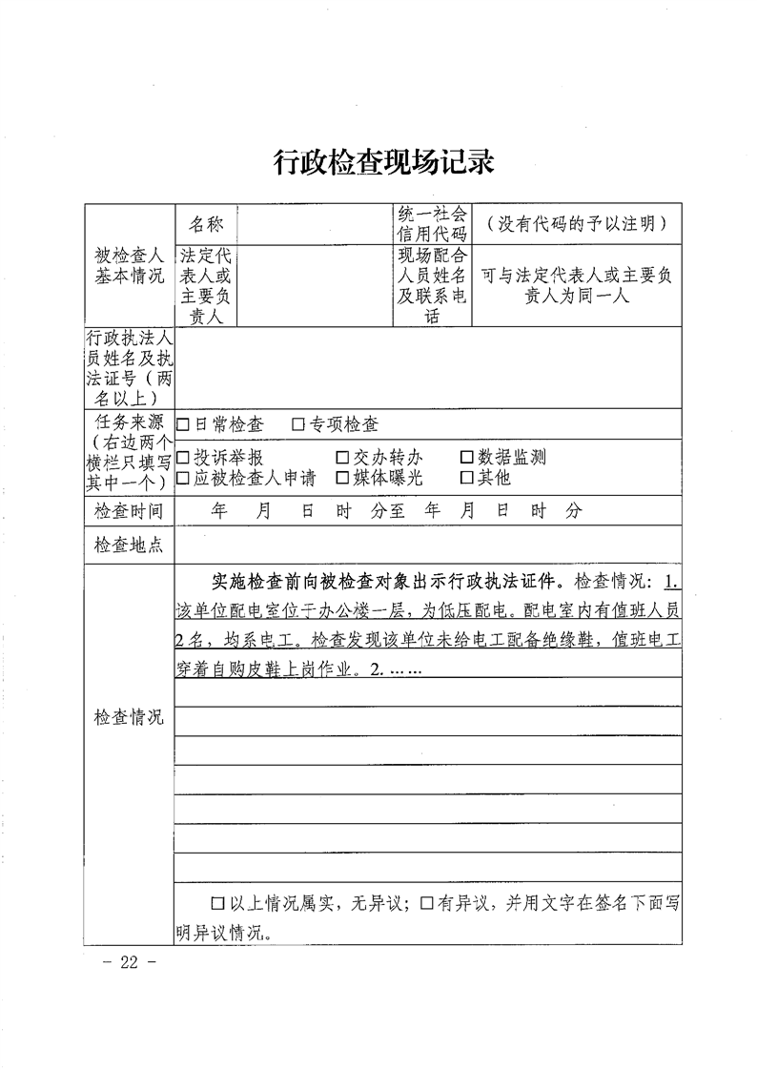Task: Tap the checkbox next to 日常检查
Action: (183, 424)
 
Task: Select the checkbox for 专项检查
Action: (298, 424)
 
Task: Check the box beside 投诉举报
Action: (183, 458)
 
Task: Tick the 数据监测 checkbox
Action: (467, 458)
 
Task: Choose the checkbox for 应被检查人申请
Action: (183, 478)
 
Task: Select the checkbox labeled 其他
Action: (467, 478)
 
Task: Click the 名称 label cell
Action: (206, 225)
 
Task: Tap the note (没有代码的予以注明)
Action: (576, 225)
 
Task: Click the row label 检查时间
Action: (129, 511)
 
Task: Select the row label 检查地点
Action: (129, 546)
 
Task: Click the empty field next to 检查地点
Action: (428, 546)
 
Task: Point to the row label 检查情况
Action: (129, 717)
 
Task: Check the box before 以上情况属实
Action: (218, 902)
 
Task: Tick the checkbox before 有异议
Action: (427, 902)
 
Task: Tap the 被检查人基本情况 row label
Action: (129, 266)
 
